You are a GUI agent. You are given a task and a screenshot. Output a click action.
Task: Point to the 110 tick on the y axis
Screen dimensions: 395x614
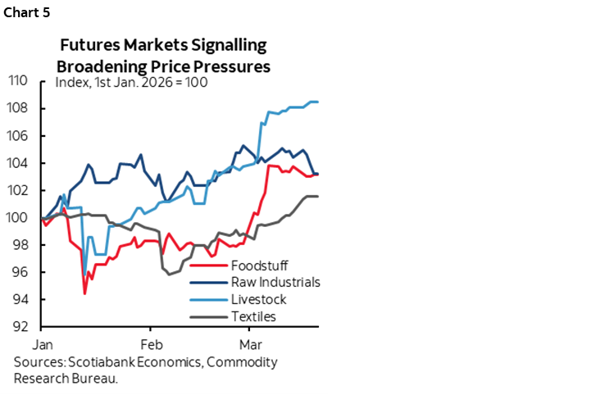click(19, 80)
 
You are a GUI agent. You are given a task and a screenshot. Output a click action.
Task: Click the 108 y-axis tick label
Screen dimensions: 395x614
click(19, 108)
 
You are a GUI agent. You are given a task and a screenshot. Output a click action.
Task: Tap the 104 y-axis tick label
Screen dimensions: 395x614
click(19, 163)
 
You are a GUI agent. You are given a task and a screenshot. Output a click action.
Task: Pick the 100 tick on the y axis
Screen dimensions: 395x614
click(19, 218)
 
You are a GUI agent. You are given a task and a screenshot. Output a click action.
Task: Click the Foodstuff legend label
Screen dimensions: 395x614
click(264, 266)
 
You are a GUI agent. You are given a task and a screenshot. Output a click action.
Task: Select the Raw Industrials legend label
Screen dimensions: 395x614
click(275, 283)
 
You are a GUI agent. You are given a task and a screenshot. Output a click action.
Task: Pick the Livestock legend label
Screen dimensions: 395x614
click(260, 299)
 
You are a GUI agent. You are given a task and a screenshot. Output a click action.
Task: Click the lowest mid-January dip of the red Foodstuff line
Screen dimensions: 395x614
click(84, 293)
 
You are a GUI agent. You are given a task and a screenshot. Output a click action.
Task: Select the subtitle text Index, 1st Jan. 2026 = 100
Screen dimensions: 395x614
click(130, 83)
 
